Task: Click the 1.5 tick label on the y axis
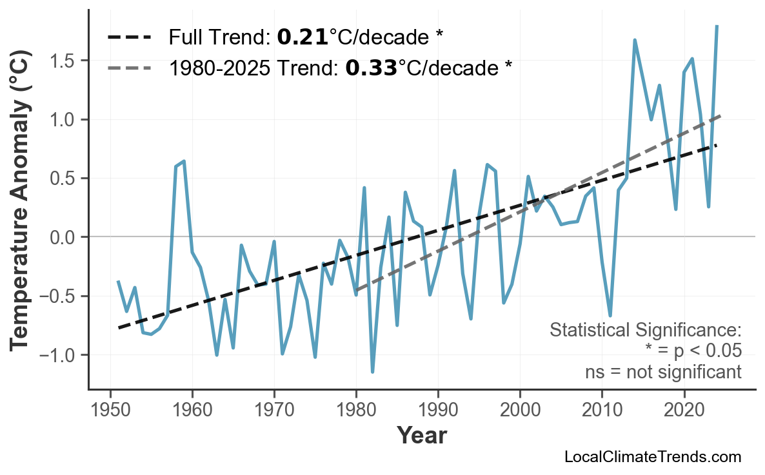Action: pyautogui.click(x=61, y=61)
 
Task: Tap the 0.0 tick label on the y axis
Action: pyautogui.click(x=61, y=237)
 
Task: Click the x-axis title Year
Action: pyautogui.click(x=421, y=436)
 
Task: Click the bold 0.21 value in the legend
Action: pyautogui.click(x=302, y=37)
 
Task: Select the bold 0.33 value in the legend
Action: pyautogui.click(x=371, y=68)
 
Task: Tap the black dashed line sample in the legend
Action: pyautogui.click(x=130, y=37)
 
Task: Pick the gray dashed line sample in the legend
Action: pyautogui.click(x=130, y=68)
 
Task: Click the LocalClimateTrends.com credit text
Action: pyautogui.click(x=652, y=457)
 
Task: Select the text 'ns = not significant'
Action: pyautogui.click(x=663, y=372)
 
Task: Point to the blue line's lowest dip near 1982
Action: pyautogui.click(x=373, y=372)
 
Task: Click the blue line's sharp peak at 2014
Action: pyautogui.click(x=635, y=40)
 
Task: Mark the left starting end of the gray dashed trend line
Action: pyautogui.click(x=357, y=290)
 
